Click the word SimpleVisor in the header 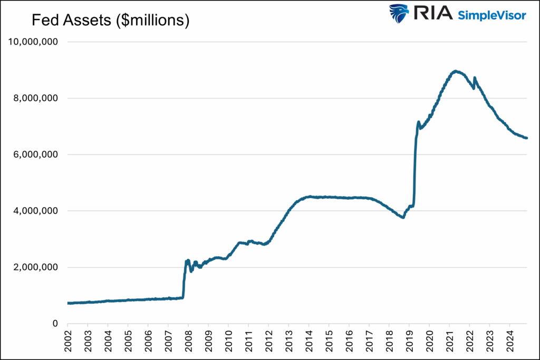pyautogui.click(x=491, y=15)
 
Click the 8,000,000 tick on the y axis pyautogui.click(x=36, y=99)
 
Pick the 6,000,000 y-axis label pyautogui.click(x=36, y=155)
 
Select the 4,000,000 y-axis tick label pyautogui.click(x=36, y=211)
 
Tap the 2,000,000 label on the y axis pyautogui.click(x=36, y=267)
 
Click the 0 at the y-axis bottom pyautogui.click(x=55, y=324)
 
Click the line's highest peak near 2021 pyautogui.click(x=456, y=71)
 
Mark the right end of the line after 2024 pyautogui.click(x=526, y=138)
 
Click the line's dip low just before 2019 pyautogui.click(x=403, y=217)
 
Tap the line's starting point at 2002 pyautogui.click(x=69, y=303)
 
